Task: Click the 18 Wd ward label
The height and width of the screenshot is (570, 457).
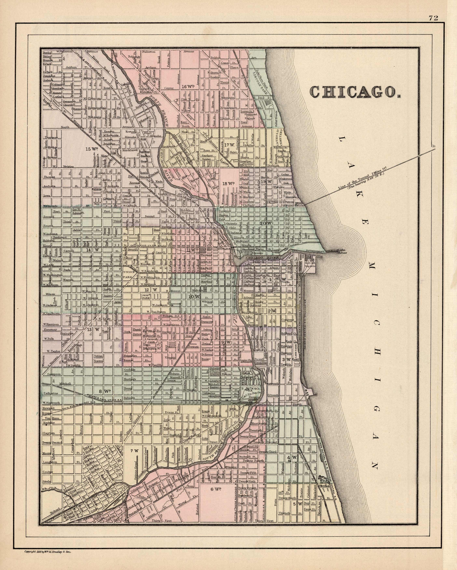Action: (228, 183)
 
